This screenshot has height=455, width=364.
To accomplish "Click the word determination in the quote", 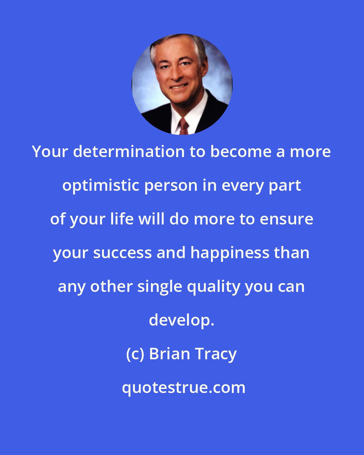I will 129,152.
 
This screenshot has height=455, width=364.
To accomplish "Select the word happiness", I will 230,253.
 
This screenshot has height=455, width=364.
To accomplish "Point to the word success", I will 122,253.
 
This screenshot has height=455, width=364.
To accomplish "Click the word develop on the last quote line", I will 181,320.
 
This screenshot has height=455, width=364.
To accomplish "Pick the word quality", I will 213,287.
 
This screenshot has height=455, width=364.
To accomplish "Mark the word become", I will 241,152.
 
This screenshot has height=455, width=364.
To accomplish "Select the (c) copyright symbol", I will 135,354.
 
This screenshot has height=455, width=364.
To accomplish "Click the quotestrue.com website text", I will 184,388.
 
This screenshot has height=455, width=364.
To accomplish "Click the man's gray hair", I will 175,42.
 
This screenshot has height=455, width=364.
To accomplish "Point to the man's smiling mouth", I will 179,87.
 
